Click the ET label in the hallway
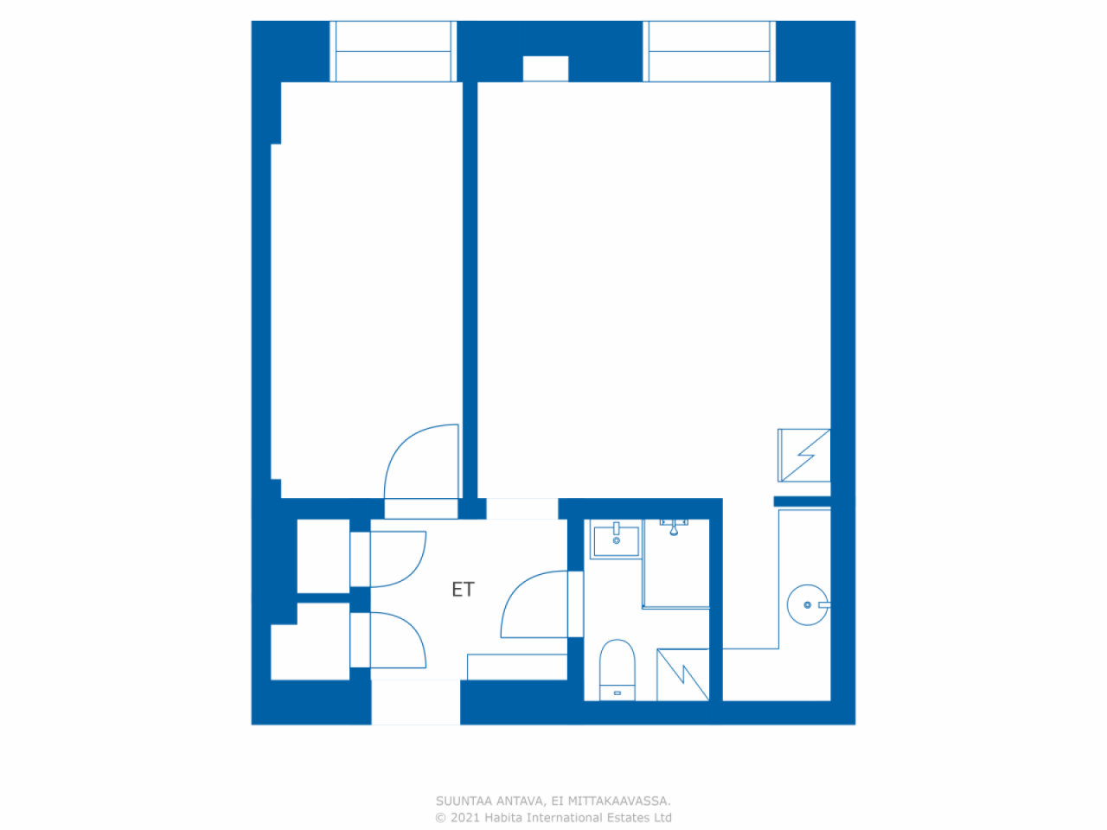(463, 589)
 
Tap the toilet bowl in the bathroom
(617, 662)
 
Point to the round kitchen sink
(808, 604)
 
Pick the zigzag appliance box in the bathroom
(683, 674)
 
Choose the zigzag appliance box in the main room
(804, 455)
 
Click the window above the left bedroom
(393, 51)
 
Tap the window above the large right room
(709, 51)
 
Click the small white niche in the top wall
(546, 68)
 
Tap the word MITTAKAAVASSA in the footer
(619, 801)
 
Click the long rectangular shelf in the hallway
(517, 667)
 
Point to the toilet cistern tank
(617, 693)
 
